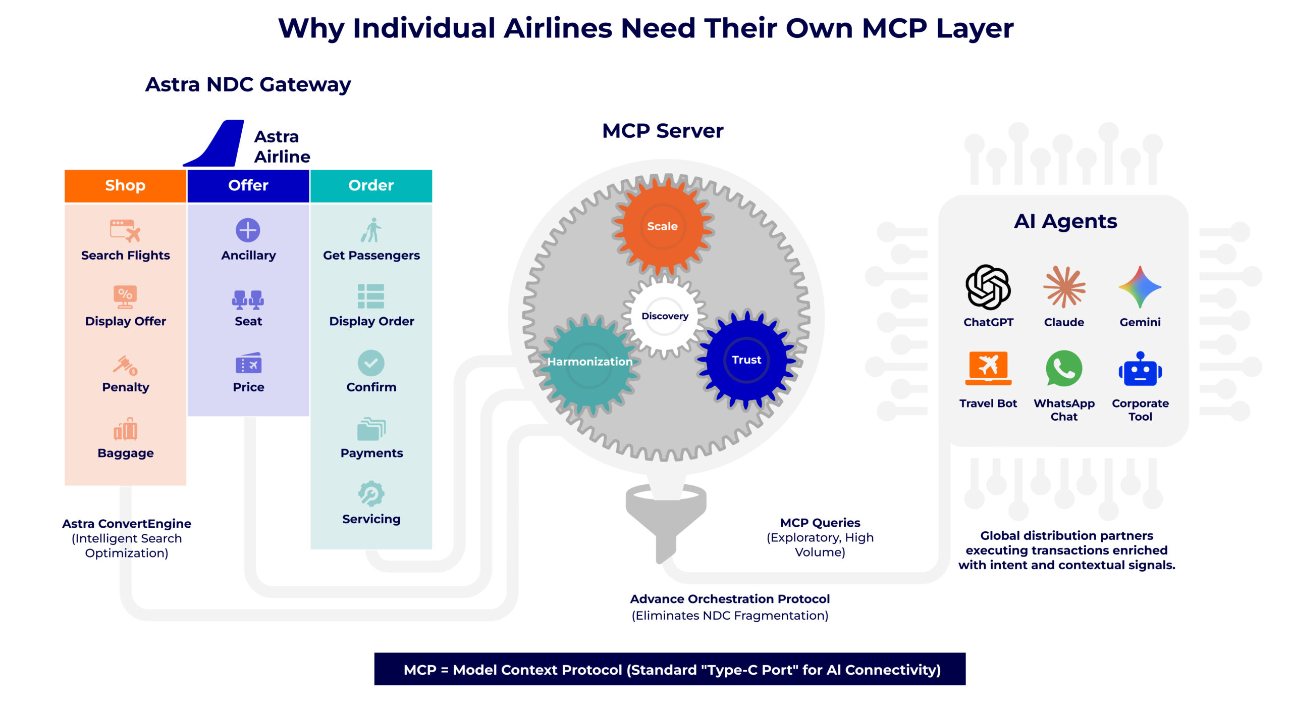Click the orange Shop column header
click(x=125, y=185)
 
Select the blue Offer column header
click(x=248, y=185)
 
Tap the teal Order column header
click(x=371, y=185)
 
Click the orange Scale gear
click(x=662, y=226)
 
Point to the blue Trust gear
click(x=746, y=360)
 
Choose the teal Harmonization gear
click(x=589, y=362)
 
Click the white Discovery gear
click(x=664, y=316)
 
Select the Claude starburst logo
click(x=1064, y=286)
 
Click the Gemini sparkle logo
click(x=1140, y=286)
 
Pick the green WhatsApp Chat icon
click(x=1064, y=369)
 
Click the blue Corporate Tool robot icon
click(x=1140, y=370)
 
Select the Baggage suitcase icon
click(x=125, y=429)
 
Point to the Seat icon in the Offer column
click(x=248, y=299)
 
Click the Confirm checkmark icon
click(x=371, y=363)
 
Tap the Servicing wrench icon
click(x=371, y=493)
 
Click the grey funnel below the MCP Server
click(x=665, y=520)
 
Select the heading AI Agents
click(x=1065, y=221)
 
